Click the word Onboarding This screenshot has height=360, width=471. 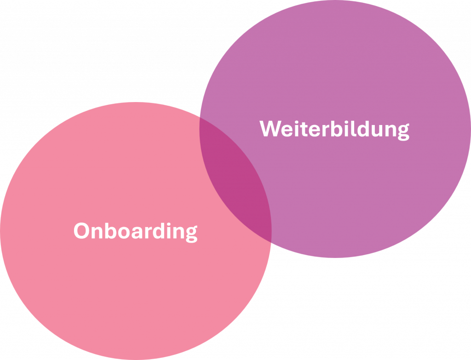point(136,232)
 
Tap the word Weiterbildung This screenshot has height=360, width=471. point(334,130)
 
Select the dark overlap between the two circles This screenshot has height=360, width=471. point(235,180)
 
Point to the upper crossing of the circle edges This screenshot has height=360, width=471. point(200,117)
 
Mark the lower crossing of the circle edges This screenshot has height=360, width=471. point(271,242)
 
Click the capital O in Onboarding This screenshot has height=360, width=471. point(81,231)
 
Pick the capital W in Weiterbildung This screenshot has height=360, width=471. point(270,129)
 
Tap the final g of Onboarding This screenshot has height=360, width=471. point(192,234)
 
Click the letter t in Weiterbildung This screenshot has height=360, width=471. point(304,129)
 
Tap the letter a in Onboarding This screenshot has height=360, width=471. point(137,233)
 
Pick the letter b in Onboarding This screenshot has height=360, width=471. point(110,231)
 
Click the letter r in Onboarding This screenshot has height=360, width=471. point(149,233)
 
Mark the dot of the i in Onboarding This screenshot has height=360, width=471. point(169,224)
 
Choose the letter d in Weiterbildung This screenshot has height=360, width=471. point(363,129)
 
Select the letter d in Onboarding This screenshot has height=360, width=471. point(159,231)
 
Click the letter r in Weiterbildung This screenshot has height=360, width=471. point(326,131)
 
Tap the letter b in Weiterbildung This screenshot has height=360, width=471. point(337,129)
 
